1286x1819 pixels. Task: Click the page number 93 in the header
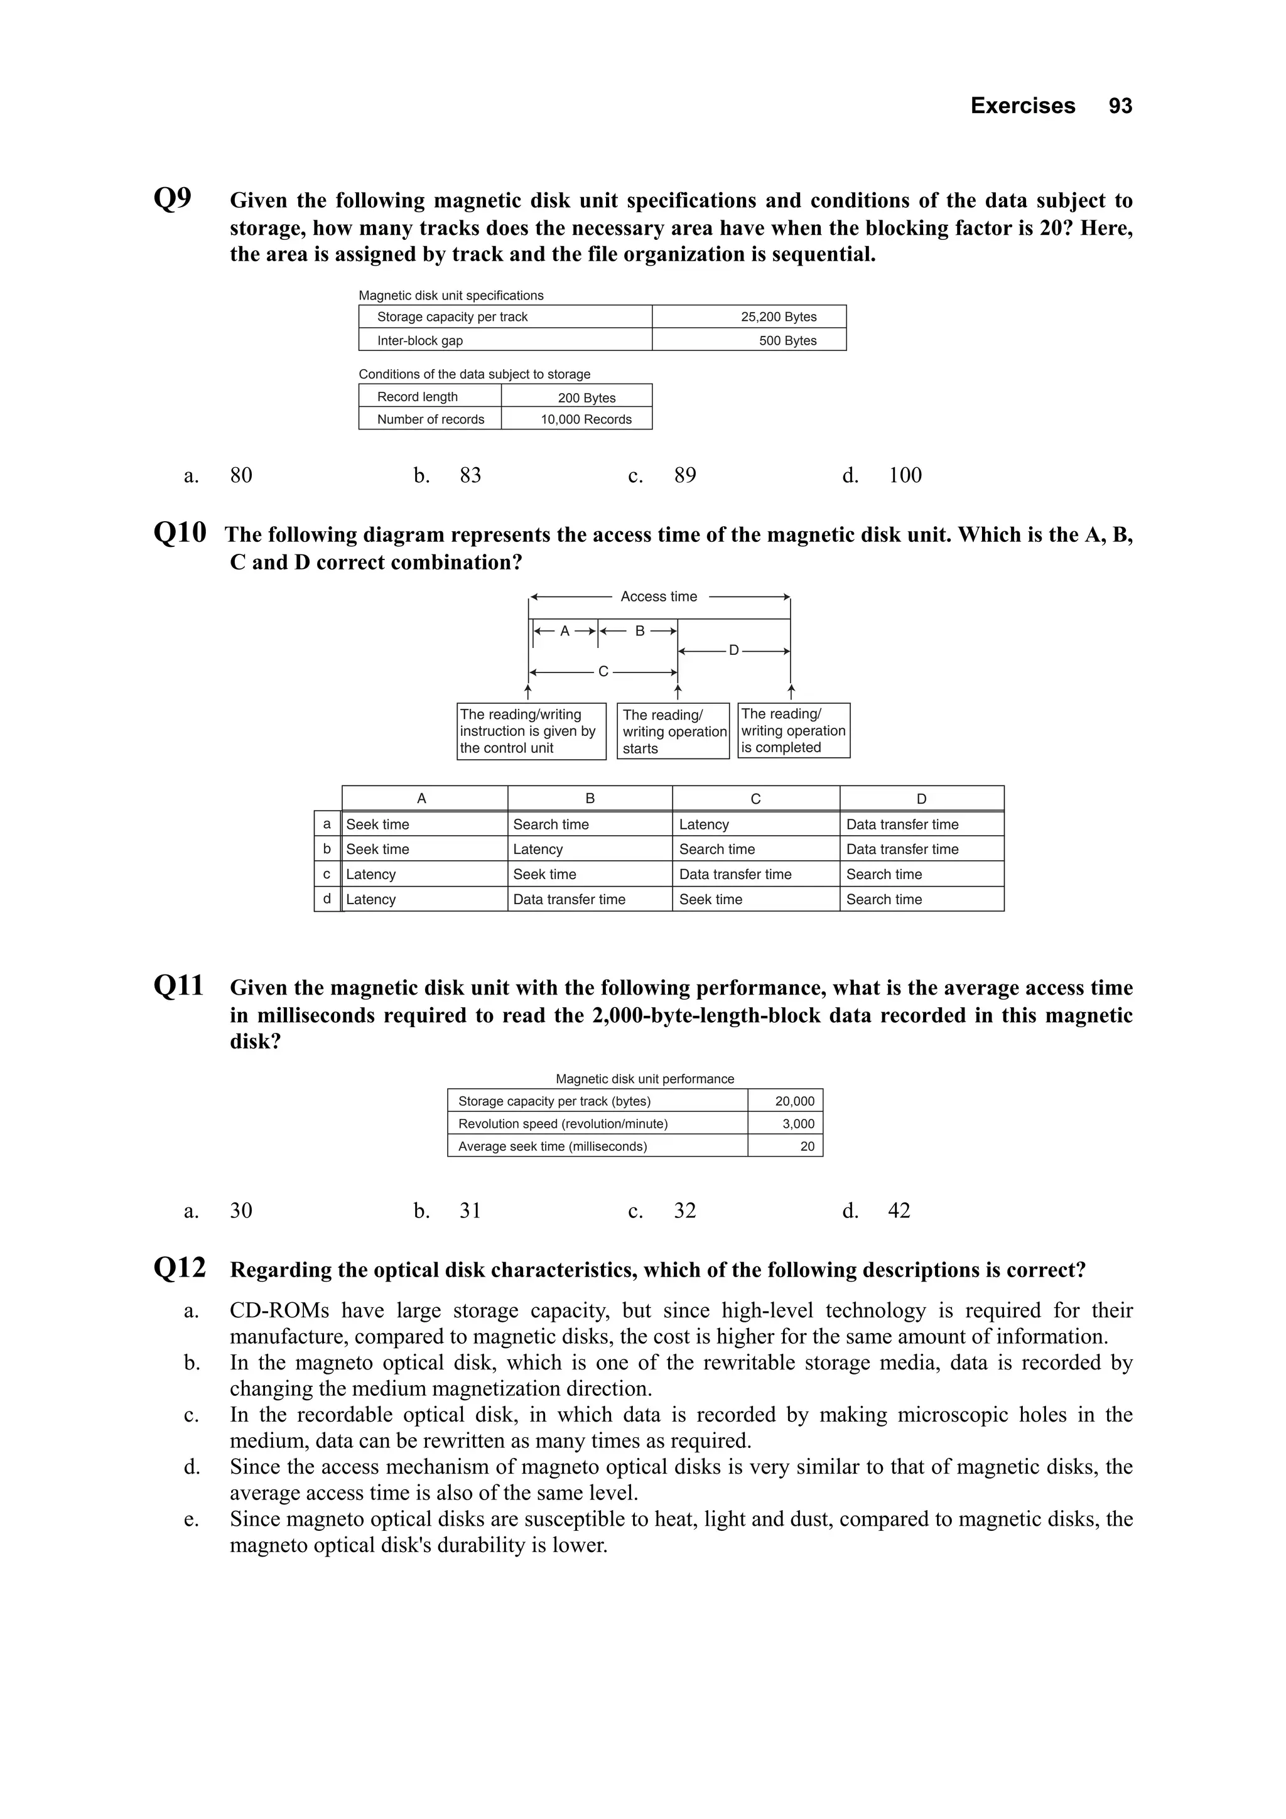point(1120,106)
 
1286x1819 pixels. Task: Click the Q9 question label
point(172,198)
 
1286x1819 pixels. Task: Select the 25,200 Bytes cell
point(778,317)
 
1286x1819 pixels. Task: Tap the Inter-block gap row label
point(419,341)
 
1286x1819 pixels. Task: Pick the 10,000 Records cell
point(586,419)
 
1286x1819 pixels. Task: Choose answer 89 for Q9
point(684,475)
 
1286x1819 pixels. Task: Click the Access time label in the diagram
point(659,596)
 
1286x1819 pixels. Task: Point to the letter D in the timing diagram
point(733,650)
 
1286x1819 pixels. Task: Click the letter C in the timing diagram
point(603,672)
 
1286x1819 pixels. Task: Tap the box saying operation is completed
point(793,730)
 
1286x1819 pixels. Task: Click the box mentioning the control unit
point(531,731)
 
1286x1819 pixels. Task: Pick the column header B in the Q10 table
point(590,799)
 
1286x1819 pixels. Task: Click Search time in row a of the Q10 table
point(551,824)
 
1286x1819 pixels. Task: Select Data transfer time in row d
point(569,899)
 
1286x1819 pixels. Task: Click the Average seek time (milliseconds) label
point(553,1147)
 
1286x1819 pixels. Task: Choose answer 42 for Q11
point(899,1211)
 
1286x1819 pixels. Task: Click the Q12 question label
point(179,1268)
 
